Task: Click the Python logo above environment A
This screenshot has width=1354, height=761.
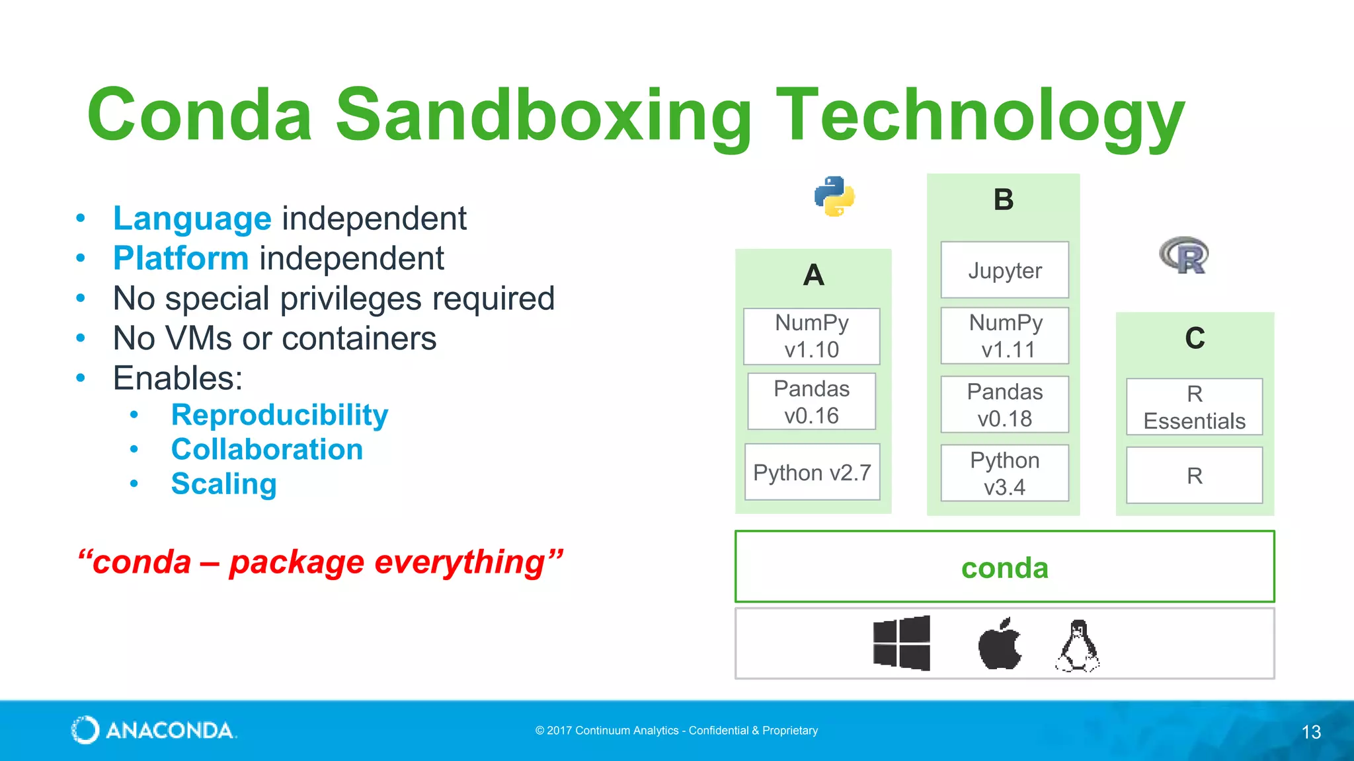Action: pos(834,196)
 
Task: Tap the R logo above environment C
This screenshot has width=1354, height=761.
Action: pos(1184,255)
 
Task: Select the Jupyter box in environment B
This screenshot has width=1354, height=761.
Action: pos(1004,270)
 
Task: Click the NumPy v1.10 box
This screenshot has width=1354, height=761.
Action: pos(811,336)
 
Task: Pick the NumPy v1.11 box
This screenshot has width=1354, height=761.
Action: pos(1004,336)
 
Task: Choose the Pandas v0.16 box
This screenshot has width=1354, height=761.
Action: pos(811,402)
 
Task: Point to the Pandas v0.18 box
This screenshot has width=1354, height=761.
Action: pos(1004,404)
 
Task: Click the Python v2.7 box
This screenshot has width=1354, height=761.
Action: pos(812,472)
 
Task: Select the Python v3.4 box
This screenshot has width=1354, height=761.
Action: pos(1004,473)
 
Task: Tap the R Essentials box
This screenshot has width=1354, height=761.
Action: pos(1194,407)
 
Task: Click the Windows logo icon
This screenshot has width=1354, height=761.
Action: pos(901,643)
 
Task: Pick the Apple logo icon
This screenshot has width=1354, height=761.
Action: pos(999,643)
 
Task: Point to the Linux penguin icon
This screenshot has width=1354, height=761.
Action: pos(1077,645)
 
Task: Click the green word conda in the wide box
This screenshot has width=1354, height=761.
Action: pos(1004,567)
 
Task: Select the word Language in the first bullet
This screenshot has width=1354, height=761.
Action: pos(192,219)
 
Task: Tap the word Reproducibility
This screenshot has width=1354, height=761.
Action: pos(279,415)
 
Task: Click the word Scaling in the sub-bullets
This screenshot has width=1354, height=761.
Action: pos(223,484)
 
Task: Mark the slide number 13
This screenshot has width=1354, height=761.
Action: pos(1311,731)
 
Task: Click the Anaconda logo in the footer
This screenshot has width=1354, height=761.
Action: pos(153,730)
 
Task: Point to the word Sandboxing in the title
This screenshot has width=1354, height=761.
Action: pos(543,116)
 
